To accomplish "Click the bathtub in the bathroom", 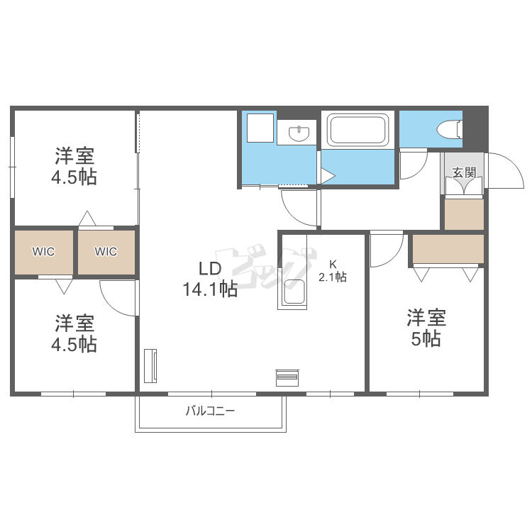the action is point(358,131).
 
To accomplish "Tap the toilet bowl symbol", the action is point(450,129).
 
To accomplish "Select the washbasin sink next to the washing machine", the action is point(299,133).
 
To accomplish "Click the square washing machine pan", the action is point(260,128).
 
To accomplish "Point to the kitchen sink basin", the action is point(294,292).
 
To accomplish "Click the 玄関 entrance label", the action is point(464,172).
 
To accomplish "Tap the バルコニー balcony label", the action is point(211,411).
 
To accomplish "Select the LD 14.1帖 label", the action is point(211,279).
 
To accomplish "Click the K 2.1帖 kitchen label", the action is point(333,271).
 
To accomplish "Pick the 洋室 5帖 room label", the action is point(426,328).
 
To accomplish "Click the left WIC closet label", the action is point(43,251).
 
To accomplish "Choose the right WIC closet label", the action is point(106,251).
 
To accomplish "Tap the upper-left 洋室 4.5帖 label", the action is point(74,166).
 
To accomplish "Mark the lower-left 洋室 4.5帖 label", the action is point(74,333).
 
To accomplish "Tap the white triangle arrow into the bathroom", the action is point(328,176).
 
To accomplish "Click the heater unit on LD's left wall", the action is point(150,366).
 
